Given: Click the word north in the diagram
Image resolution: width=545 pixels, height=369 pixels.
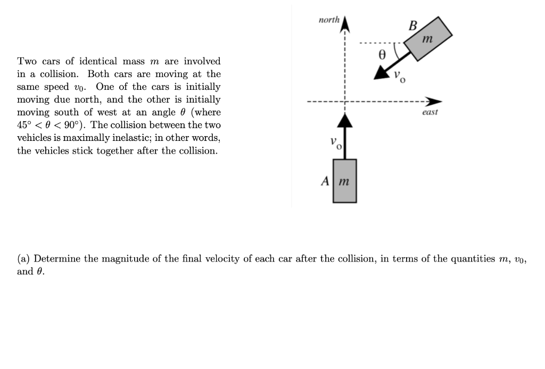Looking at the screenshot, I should coord(328,20).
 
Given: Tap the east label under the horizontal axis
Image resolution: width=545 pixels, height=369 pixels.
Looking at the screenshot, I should coord(430,112).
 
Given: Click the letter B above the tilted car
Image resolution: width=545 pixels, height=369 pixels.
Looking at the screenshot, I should coord(412,25).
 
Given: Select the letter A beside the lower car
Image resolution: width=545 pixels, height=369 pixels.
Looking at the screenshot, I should coord(326,181).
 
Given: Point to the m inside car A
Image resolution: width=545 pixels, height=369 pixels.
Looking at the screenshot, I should coord(344,181).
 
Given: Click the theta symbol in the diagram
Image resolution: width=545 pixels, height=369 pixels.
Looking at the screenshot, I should coord(381,54).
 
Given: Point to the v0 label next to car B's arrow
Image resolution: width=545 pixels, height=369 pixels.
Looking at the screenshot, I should coord(400,77).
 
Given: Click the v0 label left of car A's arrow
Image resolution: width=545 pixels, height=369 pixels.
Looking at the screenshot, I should coord(334,143).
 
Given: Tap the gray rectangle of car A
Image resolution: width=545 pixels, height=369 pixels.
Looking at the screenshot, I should coord(345,181).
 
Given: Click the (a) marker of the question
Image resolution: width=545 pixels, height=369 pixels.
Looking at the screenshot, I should coord(23,259).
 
